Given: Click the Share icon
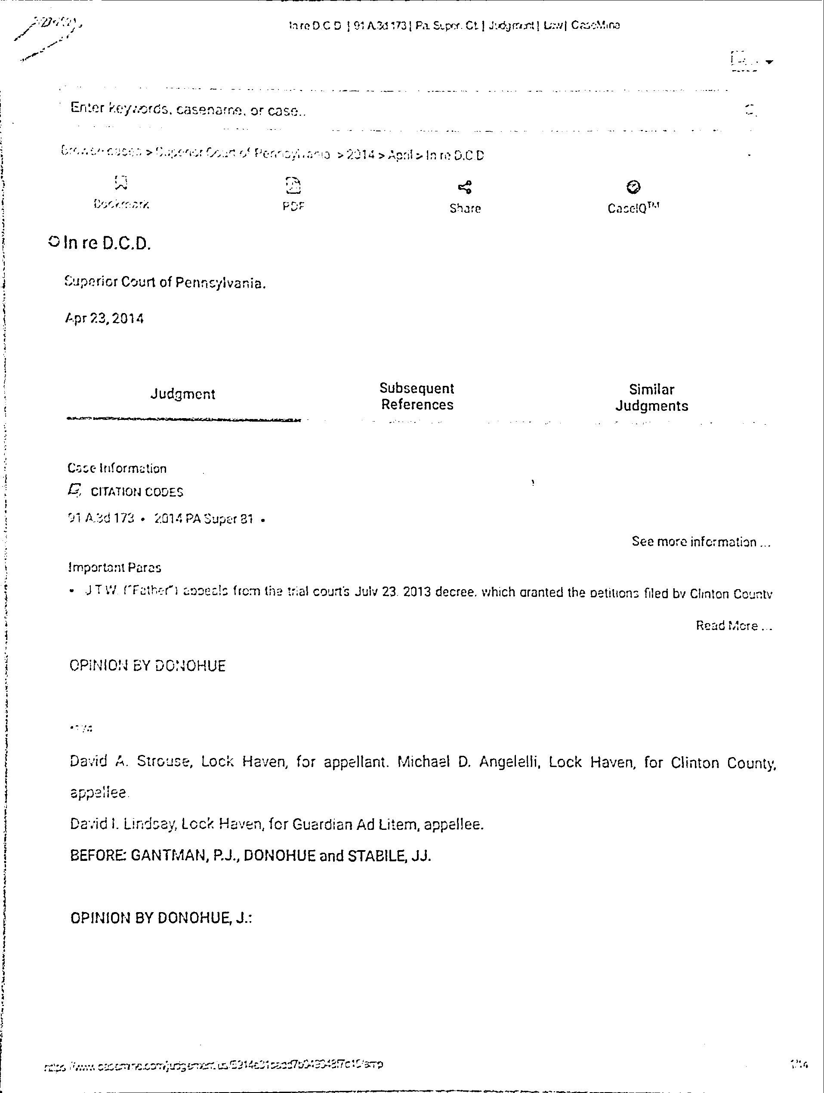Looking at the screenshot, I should coord(465,187).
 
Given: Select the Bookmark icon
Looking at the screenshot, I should coord(121,183).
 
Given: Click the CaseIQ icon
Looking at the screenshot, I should coord(633,187).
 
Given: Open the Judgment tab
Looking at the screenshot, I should coord(183,394).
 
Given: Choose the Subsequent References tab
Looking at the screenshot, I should coord(417,396).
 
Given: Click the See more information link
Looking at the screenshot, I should coord(701,542).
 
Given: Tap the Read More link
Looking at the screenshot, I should coord(734,626).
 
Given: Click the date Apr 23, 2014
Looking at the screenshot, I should coord(104,318).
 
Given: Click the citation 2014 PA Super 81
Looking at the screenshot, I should coord(204,519).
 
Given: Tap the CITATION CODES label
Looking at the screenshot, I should coord(137,492).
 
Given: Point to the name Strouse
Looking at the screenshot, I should coord(164,761).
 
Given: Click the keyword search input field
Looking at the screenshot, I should coord(395,109).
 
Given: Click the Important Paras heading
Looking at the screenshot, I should coord(114,568).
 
